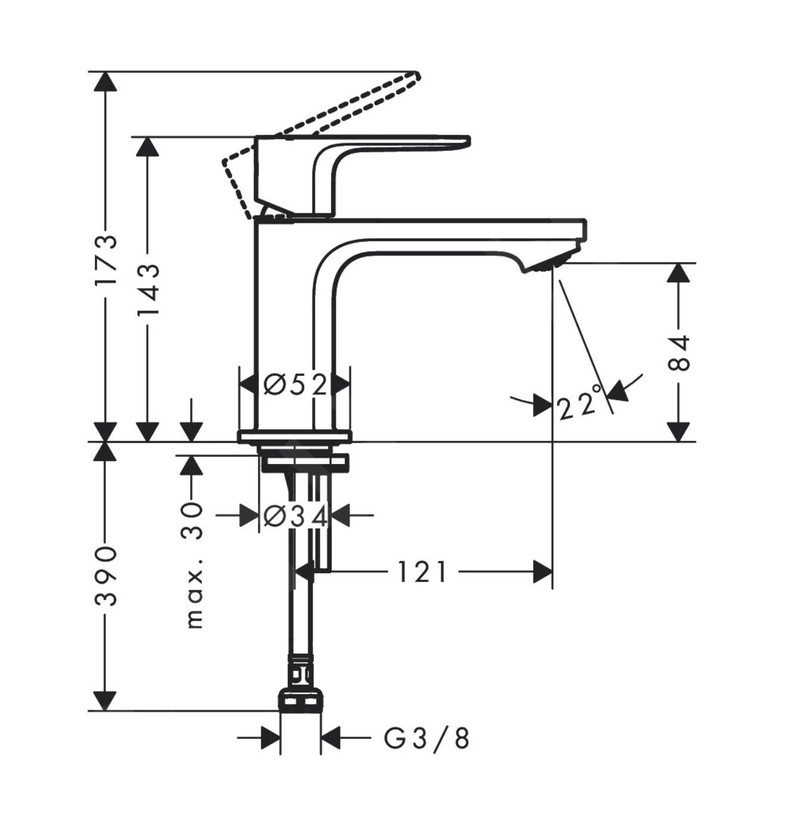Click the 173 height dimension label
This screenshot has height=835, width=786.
(106, 259)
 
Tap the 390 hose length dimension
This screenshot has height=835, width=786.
(106, 574)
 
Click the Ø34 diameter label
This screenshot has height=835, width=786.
(295, 516)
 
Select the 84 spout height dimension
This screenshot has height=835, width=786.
(678, 352)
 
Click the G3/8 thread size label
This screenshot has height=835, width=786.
(426, 739)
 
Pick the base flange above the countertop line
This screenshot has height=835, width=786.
(295, 436)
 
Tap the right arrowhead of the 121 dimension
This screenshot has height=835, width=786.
(543, 572)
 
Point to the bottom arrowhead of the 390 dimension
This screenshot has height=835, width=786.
(106, 701)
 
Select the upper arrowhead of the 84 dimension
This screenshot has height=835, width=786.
(678, 273)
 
